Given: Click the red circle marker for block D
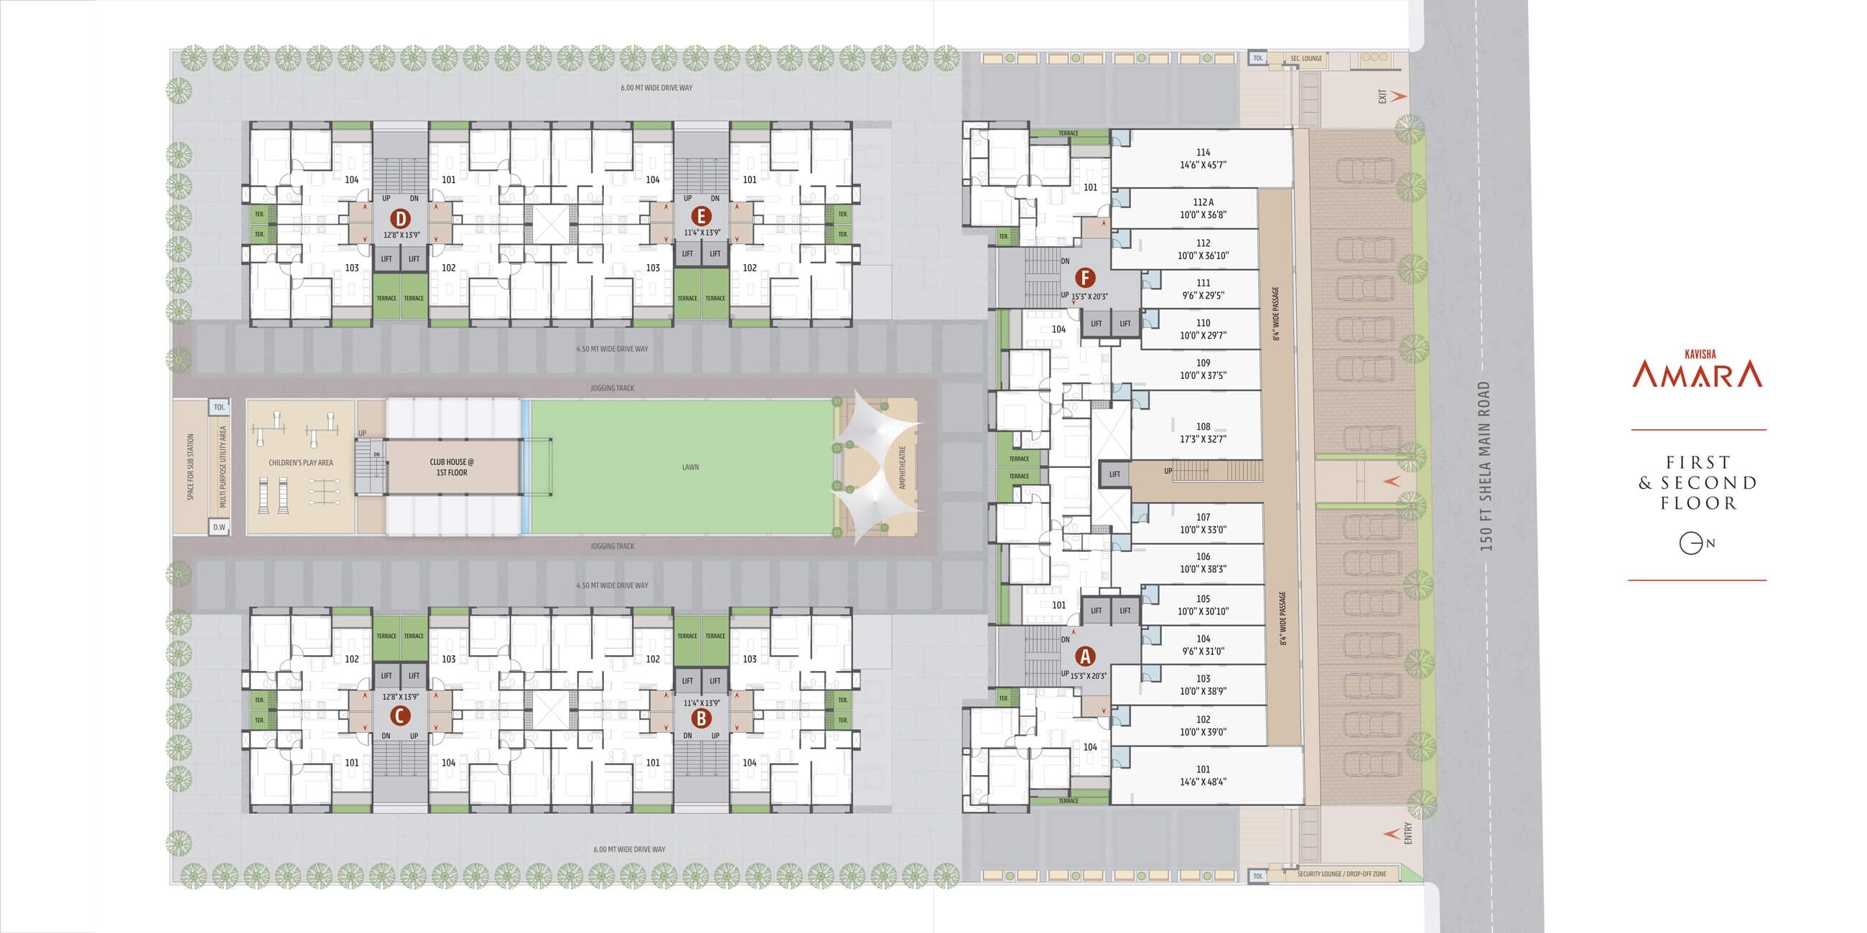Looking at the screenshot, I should pos(400,218).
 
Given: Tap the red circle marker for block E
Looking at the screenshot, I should pos(700,216).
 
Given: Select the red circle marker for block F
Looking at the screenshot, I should pos(1084,278).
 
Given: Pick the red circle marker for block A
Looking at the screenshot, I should pos(1084,656).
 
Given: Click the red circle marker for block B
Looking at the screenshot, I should pos(700,718).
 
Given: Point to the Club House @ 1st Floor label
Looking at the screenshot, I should pos(452,467).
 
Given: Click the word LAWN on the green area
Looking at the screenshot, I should pos(690,467).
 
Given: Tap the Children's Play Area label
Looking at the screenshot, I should pos(301,463).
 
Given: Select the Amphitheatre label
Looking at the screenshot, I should pos(903,467).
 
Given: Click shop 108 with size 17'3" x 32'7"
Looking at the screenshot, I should pos(1203,433).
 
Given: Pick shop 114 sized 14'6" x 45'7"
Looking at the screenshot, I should pos(1203,159).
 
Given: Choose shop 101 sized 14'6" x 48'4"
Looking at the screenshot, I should pos(1203,775).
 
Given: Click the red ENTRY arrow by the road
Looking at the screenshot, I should pos(1392,834).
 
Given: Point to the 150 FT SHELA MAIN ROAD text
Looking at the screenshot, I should pos(1486,467).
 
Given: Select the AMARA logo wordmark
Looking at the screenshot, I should pos(1697,375).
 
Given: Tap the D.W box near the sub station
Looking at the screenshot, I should pos(219,528).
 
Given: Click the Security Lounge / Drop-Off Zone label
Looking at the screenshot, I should pos(1341,874).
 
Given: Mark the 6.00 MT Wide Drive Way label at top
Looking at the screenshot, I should pos(656,88).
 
